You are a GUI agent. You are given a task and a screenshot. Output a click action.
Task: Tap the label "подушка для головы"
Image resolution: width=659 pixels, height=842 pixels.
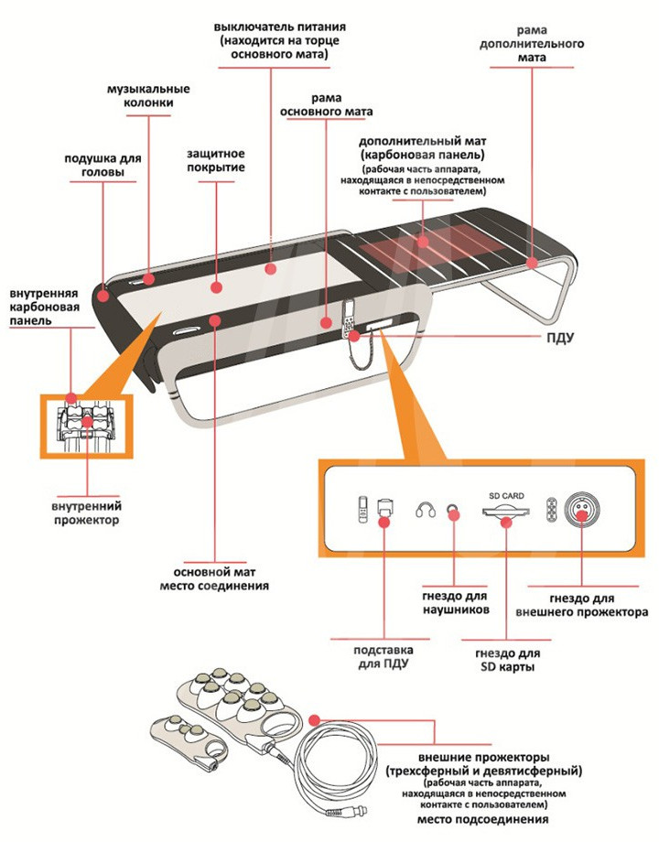[103, 165]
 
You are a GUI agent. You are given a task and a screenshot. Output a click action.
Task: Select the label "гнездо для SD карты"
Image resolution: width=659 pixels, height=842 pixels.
[507, 662]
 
